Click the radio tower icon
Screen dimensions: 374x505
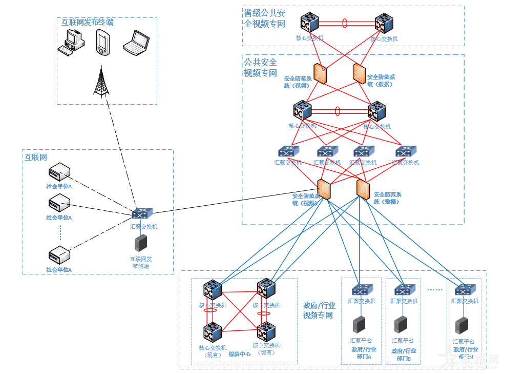point(101,82)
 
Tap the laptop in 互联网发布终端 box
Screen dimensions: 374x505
point(136,43)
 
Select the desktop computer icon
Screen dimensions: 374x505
point(71,43)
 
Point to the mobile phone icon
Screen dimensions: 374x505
point(102,42)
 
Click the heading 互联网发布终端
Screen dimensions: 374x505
point(88,23)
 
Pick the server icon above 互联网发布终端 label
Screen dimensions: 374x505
point(140,243)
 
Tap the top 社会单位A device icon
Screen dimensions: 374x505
point(59,171)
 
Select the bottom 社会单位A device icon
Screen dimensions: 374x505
point(59,255)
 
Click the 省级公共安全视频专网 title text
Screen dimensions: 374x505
point(265,18)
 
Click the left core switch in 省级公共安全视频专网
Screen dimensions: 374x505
point(309,23)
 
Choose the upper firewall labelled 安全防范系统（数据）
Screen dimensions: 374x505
point(359,73)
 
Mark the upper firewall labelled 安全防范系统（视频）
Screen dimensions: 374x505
point(321,73)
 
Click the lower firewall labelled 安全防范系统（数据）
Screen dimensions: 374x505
point(363,189)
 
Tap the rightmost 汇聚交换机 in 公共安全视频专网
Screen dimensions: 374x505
point(406,151)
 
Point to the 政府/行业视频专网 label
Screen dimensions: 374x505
point(319,310)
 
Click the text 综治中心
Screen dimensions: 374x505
point(239,354)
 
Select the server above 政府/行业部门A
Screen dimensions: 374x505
point(359,325)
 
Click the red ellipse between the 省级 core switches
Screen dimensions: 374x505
point(345,23)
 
